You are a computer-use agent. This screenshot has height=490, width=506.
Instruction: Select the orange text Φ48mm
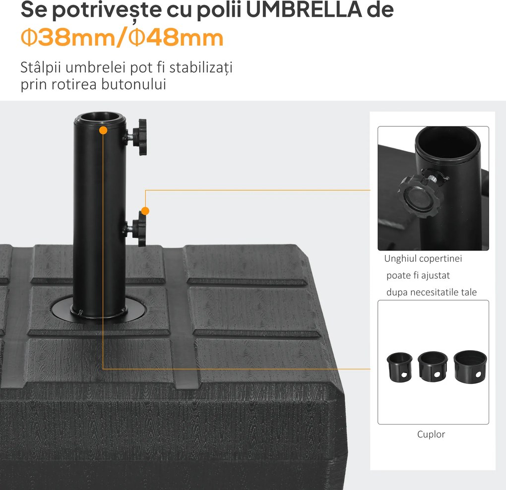[176, 38]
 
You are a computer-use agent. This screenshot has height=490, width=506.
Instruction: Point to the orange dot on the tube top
[103, 130]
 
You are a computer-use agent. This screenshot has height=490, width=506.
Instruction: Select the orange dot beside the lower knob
[145, 210]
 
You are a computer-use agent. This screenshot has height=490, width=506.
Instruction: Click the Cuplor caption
[431, 434]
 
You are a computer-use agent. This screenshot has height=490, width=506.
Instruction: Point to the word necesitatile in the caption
[431, 292]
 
